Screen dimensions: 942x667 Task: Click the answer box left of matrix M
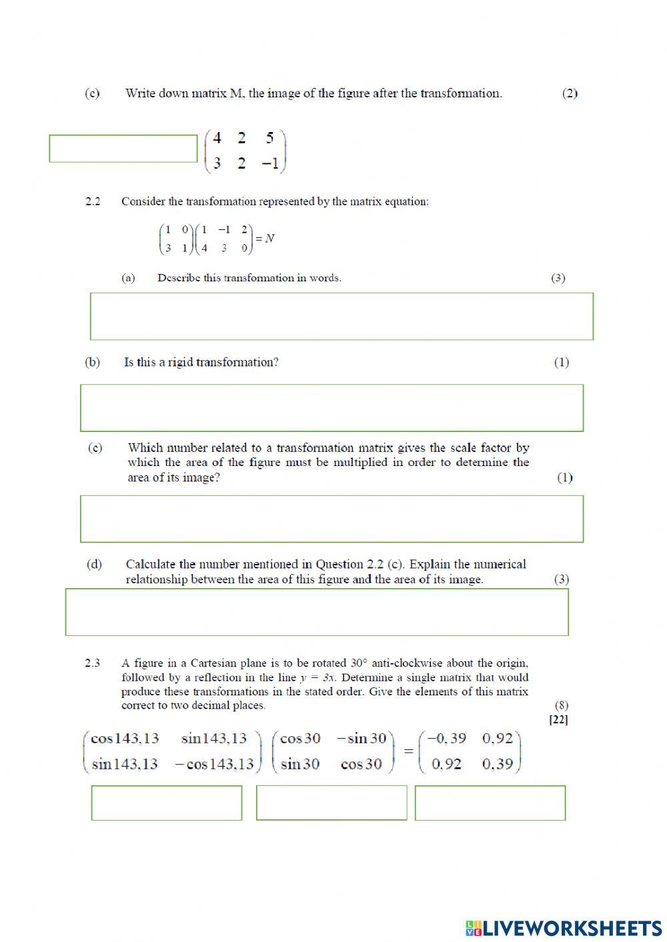coord(123,149)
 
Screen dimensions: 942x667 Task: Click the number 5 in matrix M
coord(269,139)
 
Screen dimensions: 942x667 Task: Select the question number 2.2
coord(93,201)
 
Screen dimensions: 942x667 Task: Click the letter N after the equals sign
coord(269,239)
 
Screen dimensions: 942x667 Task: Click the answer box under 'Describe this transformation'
coord(342,316)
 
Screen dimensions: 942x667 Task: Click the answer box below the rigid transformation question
coord(331,407)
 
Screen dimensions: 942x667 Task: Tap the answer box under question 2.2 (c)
coord(331,519)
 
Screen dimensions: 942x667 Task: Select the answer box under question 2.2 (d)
coord(317,612)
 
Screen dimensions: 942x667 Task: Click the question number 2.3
coord(93,663)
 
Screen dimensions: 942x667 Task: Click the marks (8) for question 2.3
coord(561,705)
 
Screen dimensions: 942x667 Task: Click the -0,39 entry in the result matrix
coord(446,739)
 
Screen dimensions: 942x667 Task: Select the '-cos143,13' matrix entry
coord(214,764)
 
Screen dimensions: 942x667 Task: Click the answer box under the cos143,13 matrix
coord(167,803)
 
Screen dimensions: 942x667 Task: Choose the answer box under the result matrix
coord(490,803)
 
